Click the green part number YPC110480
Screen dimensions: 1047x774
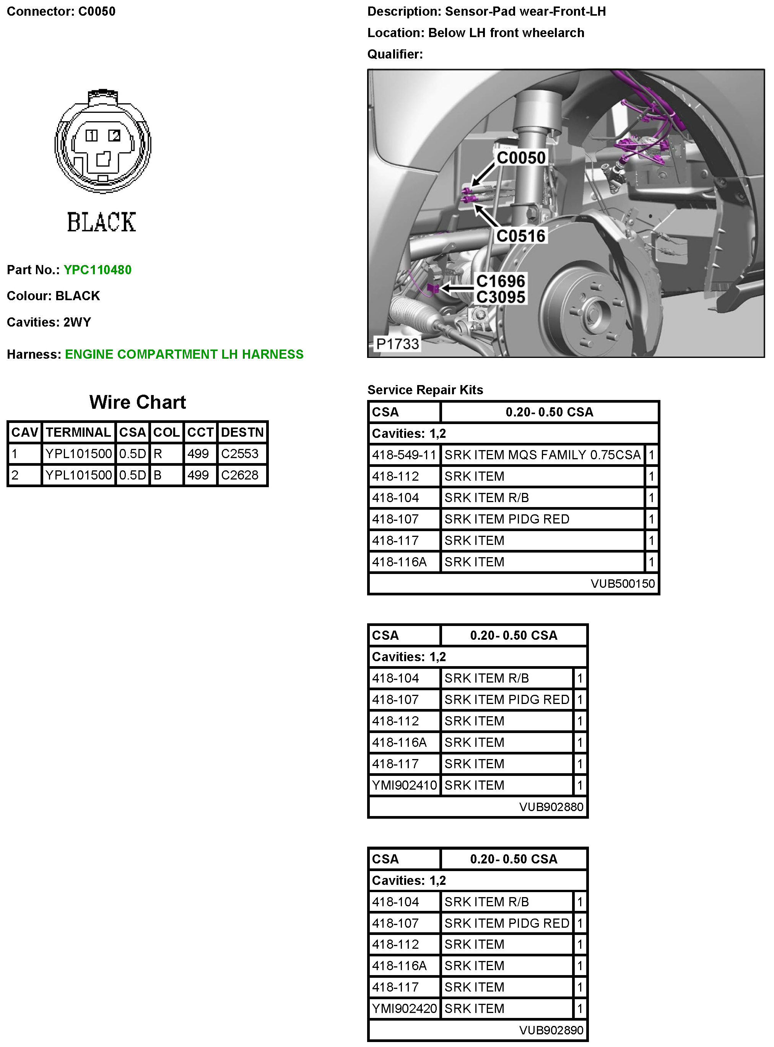coord(98,270)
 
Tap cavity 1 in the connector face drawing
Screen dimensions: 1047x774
coord(91,135)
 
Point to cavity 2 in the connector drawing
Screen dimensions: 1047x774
coord(114,135)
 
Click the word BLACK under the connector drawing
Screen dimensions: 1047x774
coord(101,222)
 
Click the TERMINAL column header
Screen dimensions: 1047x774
coord(78,432)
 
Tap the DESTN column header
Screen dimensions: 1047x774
coord(242,432)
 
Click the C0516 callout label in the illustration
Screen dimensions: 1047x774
coord(520,236)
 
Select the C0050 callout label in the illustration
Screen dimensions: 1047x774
coord(520,158)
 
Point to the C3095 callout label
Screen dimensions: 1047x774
coord(500,297)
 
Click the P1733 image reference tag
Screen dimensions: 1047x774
coord(397,344)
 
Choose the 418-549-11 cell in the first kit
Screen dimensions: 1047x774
coord(404,455)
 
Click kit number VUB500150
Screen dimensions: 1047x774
coord(622,584)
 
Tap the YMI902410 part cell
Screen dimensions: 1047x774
coord(404,785)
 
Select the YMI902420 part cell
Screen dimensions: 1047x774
coord(404,1009)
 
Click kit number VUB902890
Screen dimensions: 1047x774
coord(551,1030)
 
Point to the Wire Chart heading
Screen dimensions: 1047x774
coord(137,402)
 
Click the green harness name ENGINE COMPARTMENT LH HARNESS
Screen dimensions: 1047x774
coord(184,354)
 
